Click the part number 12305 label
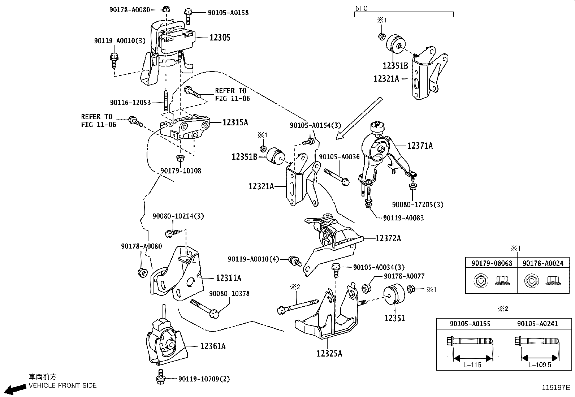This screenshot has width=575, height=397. click(220, 38)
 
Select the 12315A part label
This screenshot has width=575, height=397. click(235, 122)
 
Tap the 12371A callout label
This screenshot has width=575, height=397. click(420, 146)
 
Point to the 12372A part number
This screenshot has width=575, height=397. click(388, 238)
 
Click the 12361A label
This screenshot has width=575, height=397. click(213, 346)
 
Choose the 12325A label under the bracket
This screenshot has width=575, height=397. click(329, 353)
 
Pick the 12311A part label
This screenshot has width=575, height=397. click(229, 278)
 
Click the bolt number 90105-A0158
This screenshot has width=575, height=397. click(228, 13)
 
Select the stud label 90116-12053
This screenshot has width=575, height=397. click(130, 103)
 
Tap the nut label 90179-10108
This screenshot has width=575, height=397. click(181, 171)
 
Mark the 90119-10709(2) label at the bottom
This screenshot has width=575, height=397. click(204, 379)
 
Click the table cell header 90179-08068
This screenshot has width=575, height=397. click(492, 263)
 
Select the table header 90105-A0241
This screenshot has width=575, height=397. click(537, 324)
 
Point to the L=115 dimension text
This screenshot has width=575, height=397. click(472, 364)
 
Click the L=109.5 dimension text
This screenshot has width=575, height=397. click(540, 364)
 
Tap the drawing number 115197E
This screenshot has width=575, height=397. click(556, 387)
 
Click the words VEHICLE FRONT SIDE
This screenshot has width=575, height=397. click(62, 385)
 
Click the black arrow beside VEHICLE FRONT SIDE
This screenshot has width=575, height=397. click(15, 389)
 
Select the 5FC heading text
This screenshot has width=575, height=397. click(361, 8)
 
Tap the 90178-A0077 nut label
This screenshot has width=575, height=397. click(404, 276)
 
